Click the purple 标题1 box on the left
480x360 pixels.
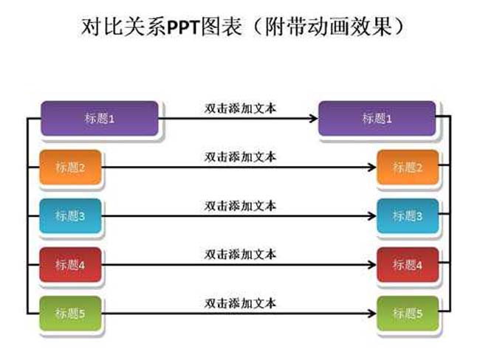(x=100, y=118)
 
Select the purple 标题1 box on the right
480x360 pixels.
(x=377, y=118)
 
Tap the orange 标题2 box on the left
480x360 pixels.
(x=70, y=167)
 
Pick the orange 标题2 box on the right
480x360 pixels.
(x=408, y=167)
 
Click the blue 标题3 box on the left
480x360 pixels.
(x=70, y=216)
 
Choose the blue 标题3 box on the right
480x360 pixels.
(x=408, y=216)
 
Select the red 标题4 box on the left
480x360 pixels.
(x=70, y=265)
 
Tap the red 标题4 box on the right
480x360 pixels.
(x=408, y=265)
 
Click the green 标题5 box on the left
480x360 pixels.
(x=70, y=314)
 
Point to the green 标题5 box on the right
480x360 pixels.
(x=408, y=314)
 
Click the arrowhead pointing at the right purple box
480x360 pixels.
(x=313, y=118)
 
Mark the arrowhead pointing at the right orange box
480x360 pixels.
(x=372, y=167)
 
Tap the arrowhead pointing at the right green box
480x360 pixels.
(x=372, y=314)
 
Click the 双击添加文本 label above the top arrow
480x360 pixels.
(x=240, y=108)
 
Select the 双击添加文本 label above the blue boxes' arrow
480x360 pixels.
(x=240, y=206)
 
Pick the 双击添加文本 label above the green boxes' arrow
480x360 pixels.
(x=240, y=303)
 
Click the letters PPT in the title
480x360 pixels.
(x=182, y=27)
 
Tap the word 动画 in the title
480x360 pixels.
(x=328, y=27)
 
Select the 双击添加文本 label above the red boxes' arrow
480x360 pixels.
(x=240, y=255)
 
